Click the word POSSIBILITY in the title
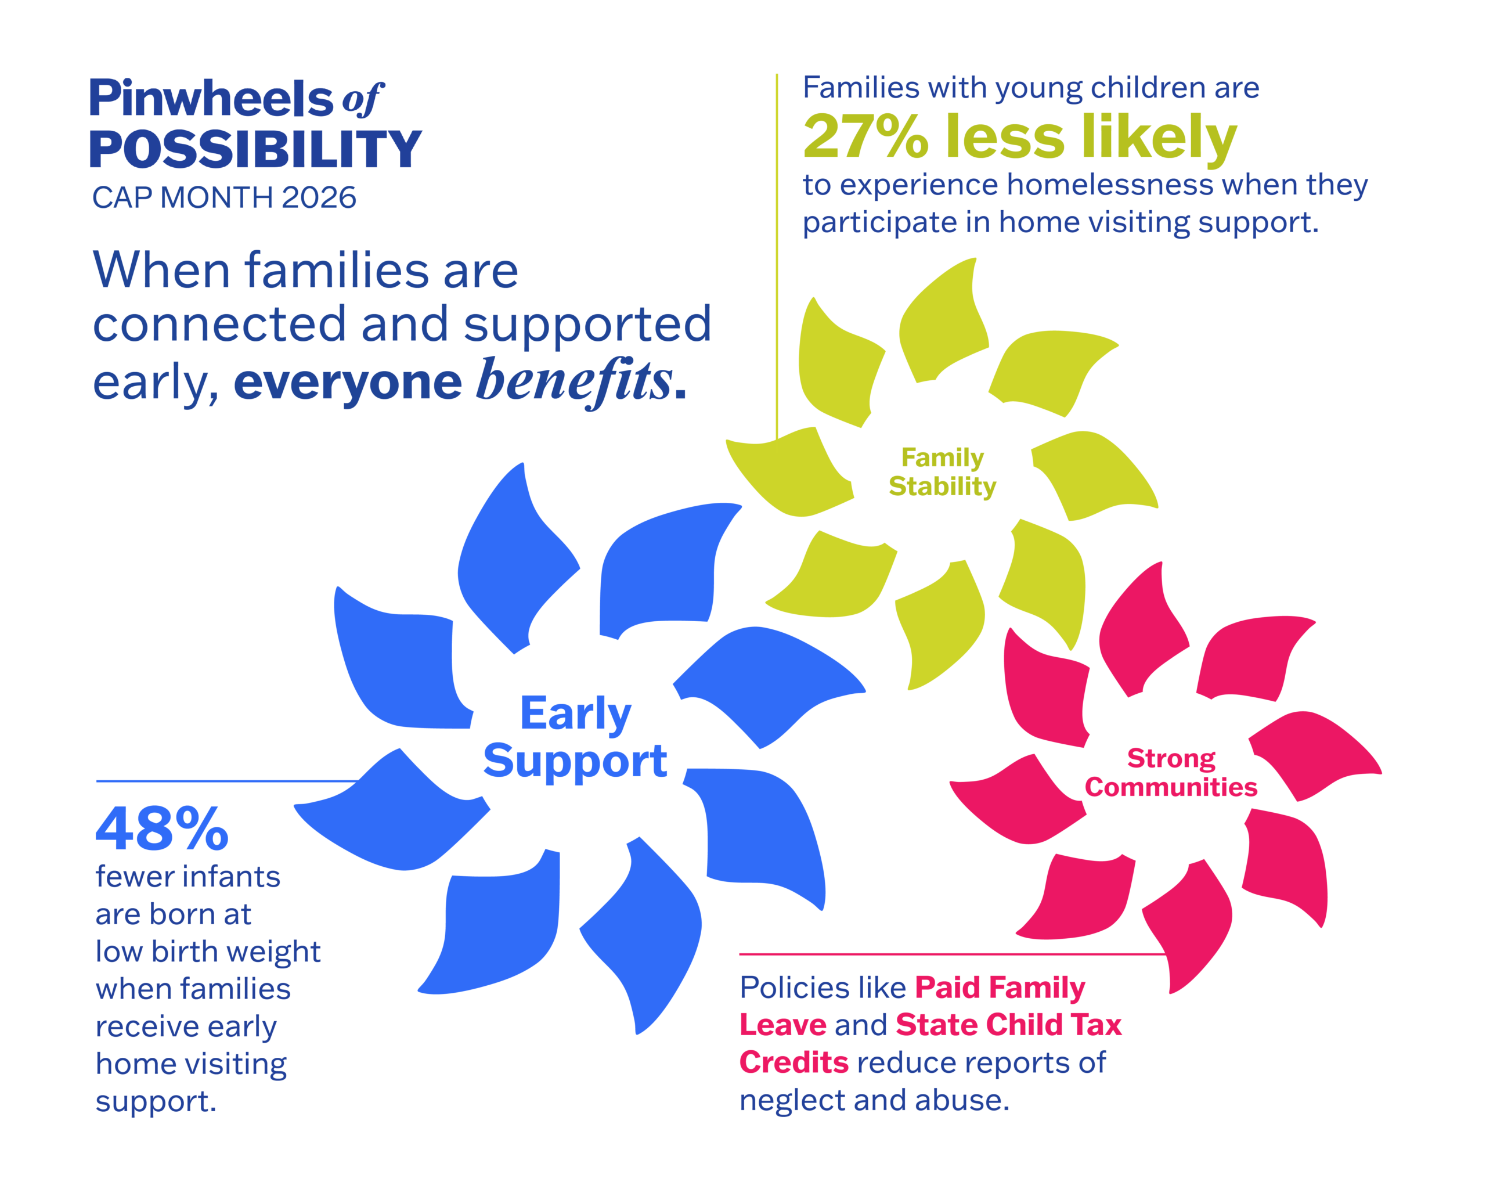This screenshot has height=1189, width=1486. [255, 150]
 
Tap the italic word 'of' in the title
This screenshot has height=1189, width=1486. [362, 100]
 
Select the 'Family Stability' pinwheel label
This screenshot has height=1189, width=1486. [942, 471]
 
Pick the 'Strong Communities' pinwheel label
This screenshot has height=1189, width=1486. [1171, 772]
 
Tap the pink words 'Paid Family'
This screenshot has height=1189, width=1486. [1000, 988]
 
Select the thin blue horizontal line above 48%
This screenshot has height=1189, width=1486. [228, 781]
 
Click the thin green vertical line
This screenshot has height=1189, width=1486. [777, 255]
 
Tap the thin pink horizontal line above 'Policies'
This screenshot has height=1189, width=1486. [951, 954]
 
